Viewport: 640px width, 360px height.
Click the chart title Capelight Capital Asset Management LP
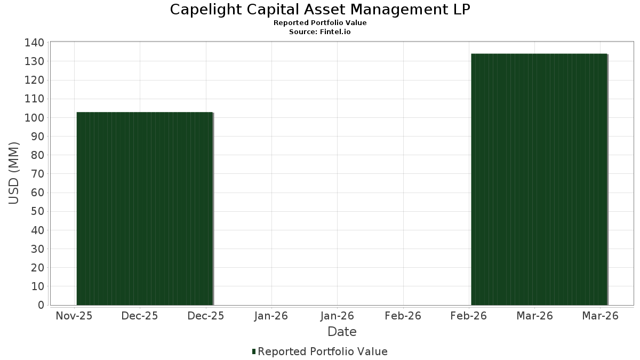point(320,10)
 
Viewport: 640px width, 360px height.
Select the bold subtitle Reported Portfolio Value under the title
point(320,23)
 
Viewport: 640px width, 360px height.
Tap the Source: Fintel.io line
point(320,31)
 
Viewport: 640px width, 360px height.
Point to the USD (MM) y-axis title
point(13,173)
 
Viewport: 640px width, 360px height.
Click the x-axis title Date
point(342,332)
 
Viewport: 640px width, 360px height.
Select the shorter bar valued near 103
point(145,209)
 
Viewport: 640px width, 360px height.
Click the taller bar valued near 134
point(539,179)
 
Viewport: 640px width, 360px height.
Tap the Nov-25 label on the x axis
point(74,316)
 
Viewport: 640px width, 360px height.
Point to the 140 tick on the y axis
point(34,43)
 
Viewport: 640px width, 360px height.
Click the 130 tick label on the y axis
point(34,61)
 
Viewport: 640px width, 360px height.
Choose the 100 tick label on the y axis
point(34,118)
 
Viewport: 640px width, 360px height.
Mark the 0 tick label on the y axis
point(41,305)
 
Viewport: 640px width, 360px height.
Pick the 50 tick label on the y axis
point(38,211)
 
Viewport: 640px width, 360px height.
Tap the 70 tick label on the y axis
point(38,174)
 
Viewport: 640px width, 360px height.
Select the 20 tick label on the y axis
point(38,268)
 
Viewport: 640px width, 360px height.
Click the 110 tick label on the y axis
point(34,99)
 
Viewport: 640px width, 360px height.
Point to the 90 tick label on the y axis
point(38,137)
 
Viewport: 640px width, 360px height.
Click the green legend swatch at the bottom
point(254,351)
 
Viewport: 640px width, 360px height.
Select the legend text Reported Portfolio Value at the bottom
point(323,351)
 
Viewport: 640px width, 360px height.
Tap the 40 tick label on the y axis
point(38,230)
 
